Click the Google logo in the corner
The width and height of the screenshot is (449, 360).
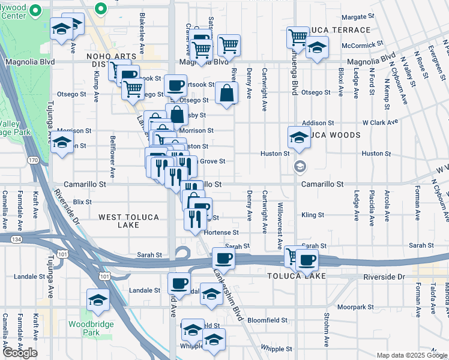(x=20, y=353)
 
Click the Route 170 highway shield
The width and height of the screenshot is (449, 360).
(x=33, y=160)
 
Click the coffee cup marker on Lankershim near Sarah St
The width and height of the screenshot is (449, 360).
(x=223, y=259)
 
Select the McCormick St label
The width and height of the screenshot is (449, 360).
(x=362, y=44)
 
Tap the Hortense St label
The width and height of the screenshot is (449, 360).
(x=221, y=232)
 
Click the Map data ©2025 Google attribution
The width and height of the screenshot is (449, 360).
(x=412, y=355)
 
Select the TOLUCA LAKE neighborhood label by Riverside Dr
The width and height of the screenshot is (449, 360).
(x=297, y=276)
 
